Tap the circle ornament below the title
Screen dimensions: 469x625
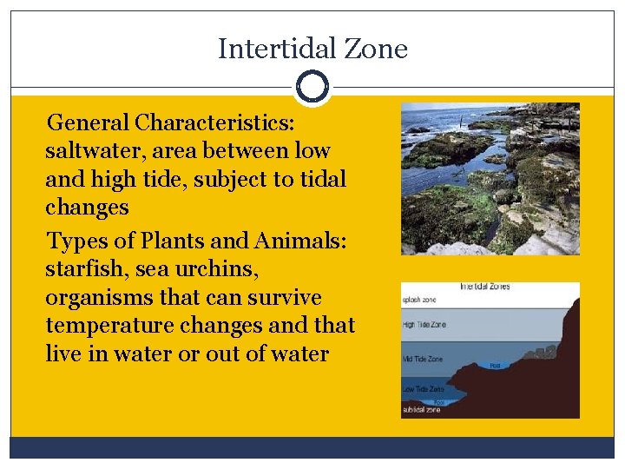click(312, 88)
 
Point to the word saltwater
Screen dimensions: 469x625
click(95, 150)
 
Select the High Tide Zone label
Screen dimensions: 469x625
click(426, 324)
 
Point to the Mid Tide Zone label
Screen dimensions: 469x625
click(424, 359)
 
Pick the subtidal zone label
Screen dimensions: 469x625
click(422, 410)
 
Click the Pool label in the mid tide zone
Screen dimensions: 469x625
click(494, 366)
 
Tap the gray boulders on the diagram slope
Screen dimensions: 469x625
click(539, 352)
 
